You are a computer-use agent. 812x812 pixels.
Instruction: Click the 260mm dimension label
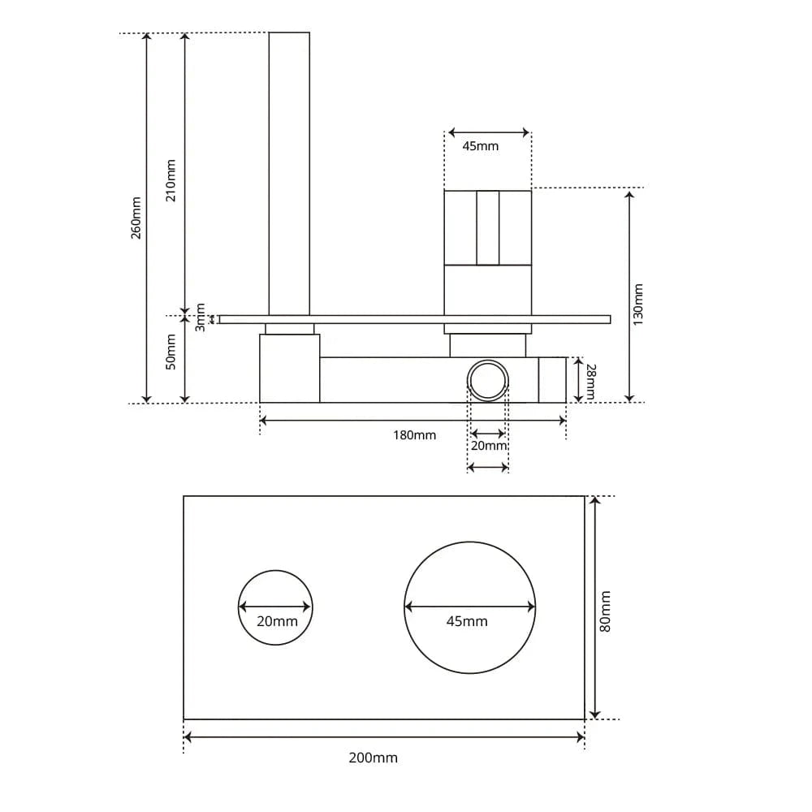[x=136, y=218]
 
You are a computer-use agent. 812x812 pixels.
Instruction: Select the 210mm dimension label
[x=171, y=180]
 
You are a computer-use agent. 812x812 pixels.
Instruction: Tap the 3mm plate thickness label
[x=201, y=317]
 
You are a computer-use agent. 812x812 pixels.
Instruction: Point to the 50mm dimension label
[x=171, y=352]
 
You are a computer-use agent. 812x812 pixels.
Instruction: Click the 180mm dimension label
[x=414, y=435]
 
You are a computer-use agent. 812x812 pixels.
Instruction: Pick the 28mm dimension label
[x=590, y=381]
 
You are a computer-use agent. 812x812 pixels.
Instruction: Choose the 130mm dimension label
[x=638, y=304]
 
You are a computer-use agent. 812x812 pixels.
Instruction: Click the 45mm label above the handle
[x=480, y=146]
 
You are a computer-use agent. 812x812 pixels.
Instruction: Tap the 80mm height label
[x=605, y=611]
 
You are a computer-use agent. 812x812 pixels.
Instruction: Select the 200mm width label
[x=374, y=758]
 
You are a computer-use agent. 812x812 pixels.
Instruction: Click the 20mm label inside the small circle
[x=277, y=621]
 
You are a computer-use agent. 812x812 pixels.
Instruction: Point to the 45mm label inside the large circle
[x=467, y=621]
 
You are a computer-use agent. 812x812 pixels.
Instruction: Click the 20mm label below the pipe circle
[x=489, y=446]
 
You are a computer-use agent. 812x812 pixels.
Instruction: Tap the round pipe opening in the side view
[x=489, y=380]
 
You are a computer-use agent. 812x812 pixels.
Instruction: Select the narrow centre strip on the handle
[x=488, y=227]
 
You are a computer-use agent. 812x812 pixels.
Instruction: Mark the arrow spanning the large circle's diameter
[x=469, y=607]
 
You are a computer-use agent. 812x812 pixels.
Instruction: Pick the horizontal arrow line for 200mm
[x=384, y=737]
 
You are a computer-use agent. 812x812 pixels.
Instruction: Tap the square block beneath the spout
[x=289, y=369]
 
